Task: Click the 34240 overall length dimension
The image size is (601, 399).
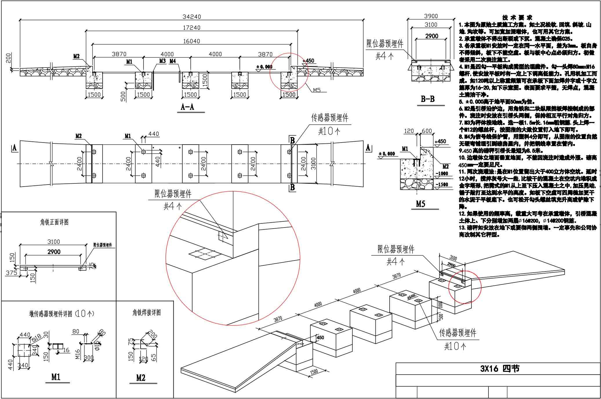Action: pos(192,17)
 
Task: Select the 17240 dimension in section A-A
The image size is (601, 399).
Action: pos(192,28)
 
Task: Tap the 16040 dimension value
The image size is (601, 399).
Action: pos(191,41)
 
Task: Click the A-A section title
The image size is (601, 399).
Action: pos(188,107)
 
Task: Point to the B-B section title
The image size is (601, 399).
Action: pos(428,99)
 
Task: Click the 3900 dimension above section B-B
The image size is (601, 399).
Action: pos(431,16)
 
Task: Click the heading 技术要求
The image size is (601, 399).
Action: pos(517,18)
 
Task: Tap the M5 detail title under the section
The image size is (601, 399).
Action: pos(420,204)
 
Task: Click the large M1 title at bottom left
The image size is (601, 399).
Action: pos(56,377)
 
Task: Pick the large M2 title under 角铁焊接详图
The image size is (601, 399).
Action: pos(141,378)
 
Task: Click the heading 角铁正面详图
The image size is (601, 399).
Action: pos(55,223)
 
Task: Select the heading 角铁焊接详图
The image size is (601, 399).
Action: pos(146,313)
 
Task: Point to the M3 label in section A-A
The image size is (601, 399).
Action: pos(162,61)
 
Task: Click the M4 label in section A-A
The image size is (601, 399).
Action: pos(173,61)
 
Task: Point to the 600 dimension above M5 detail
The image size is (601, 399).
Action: pos(427,131)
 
